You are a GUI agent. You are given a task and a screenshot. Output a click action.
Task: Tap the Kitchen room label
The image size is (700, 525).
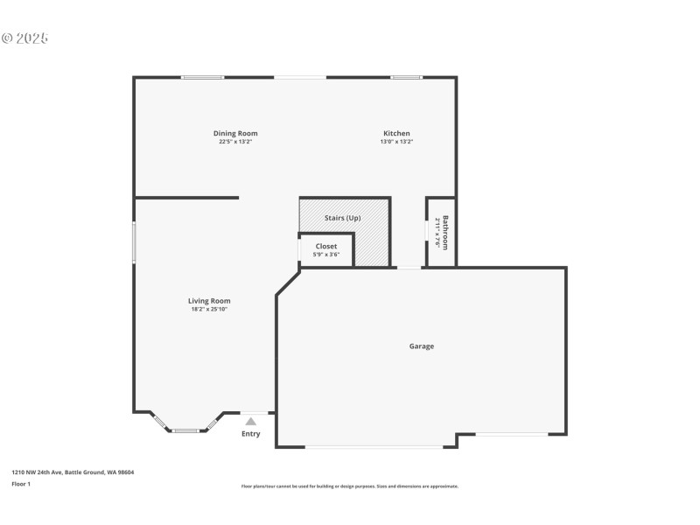(x=395, y=133)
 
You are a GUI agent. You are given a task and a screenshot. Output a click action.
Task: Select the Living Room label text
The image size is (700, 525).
(x=209, y=300)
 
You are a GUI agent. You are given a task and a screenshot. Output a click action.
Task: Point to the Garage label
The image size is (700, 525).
(x=421, y=346)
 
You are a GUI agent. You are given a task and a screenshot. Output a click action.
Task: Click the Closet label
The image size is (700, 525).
(x=326, y=246)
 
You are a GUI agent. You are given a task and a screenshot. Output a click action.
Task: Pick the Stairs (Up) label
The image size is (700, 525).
(x=341, y=218)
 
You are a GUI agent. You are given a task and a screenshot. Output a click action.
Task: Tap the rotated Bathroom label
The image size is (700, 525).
(x=445, y=232)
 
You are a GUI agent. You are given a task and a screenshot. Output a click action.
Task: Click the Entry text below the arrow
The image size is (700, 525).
(x=250, y=434)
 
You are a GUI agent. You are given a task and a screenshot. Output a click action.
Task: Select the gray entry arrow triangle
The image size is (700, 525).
(x=250, y=421)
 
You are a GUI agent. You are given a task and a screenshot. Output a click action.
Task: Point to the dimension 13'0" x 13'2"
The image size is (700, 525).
(x=395, y=142)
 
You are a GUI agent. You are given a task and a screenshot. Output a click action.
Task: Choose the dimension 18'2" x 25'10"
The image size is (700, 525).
(x=209, y=309)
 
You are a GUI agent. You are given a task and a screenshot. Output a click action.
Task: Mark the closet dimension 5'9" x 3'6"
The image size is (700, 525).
(x=326, y=255)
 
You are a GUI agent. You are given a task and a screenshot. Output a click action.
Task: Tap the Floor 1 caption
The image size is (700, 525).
(x=21, y=483)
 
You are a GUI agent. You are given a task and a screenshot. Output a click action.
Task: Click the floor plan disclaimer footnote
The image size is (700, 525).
(x=349, y=486)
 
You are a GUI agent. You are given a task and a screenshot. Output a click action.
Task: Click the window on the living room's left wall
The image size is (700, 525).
(x=134, y=241)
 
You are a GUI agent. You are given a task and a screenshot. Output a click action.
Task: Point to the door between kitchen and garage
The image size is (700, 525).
(x=408, y=267)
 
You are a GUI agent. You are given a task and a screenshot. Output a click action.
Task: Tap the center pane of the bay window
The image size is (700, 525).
(x=185, y=430)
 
